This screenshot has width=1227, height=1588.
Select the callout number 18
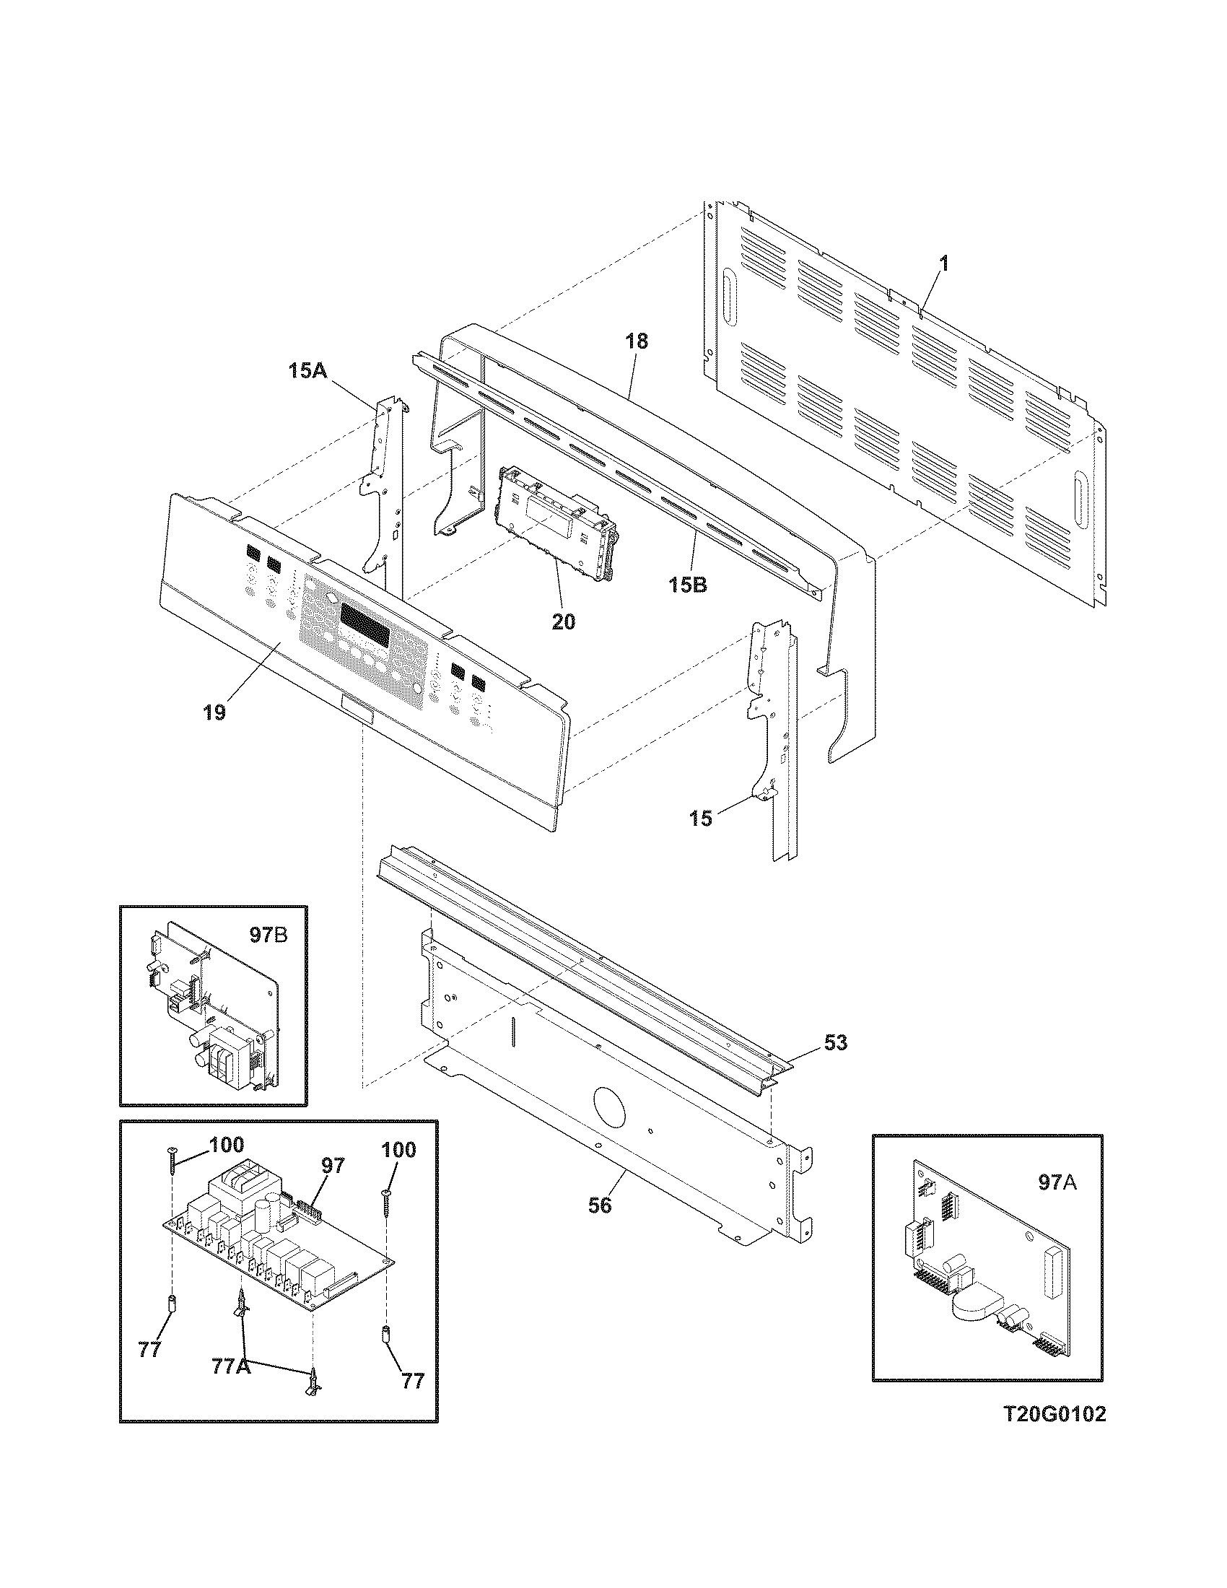coord(636,341)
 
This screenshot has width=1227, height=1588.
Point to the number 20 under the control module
coord(564,621)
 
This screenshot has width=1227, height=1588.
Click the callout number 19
coord(214,712)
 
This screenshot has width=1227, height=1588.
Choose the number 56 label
coord(600,1205)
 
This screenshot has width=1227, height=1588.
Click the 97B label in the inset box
coord(268,935)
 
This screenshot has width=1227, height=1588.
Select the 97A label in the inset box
coord(1057,1183)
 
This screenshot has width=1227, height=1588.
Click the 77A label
coord(232,1366)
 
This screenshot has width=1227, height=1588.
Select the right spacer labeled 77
coord(386,1333)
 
